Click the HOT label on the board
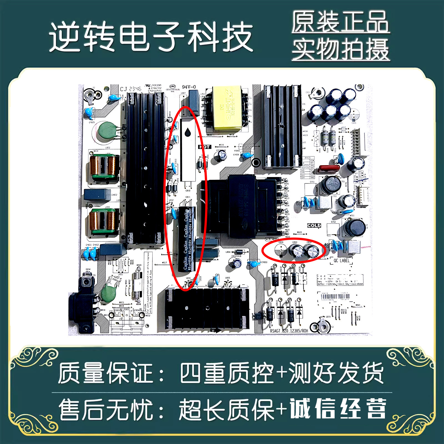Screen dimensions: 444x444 205,147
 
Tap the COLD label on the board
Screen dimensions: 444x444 314,225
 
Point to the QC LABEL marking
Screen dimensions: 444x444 341,261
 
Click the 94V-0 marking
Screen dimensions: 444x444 189,87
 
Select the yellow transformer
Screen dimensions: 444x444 227,109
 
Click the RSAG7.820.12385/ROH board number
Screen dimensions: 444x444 289,331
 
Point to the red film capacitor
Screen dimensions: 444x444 329,168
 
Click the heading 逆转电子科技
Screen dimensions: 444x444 151,37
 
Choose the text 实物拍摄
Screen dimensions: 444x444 340,49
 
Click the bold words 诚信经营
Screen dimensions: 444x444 338,408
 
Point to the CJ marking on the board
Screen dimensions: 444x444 123,89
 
